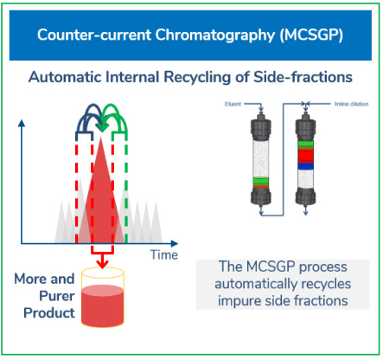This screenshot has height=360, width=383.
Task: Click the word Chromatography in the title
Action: (215, 35)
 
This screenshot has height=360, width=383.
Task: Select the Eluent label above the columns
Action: (233, 104)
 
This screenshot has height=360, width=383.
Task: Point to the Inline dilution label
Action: (352, 104)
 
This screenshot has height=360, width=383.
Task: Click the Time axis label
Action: (164, 255)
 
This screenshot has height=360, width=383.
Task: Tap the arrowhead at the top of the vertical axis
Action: (22, 124)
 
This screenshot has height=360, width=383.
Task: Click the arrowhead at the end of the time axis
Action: (175, 244)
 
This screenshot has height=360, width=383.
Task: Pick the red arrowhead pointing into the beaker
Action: (102, 264)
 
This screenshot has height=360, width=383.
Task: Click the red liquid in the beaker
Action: (103, 305)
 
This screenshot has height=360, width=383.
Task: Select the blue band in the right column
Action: (305, 166)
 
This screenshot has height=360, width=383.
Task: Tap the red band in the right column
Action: (305, 156)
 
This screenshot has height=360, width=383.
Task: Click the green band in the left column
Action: (261, 181)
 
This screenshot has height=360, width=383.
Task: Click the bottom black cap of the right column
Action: (305, 196)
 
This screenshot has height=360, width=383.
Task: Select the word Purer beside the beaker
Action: (57, 296)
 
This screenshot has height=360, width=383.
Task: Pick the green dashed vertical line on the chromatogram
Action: (126, 188)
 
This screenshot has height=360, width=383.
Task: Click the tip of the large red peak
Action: (100, 138)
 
